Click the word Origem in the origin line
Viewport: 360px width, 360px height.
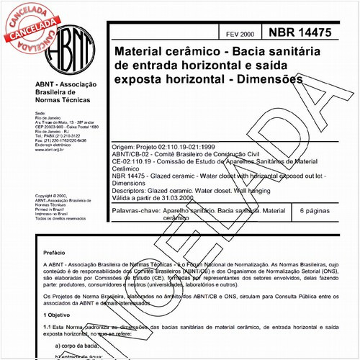125,145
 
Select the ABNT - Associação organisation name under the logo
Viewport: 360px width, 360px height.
64,86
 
